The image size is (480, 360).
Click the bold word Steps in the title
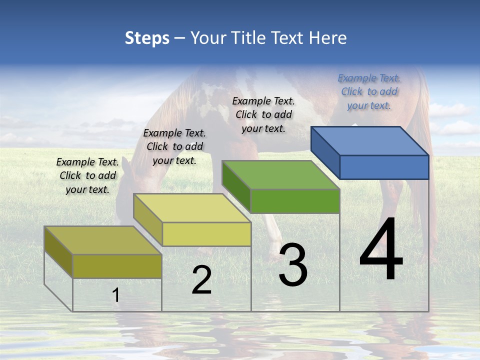[147, 38]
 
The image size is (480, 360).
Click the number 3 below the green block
[293, 265]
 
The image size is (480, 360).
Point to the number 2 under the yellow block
[201, 280]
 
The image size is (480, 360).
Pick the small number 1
[116, 295]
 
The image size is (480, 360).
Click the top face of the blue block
[370, 140]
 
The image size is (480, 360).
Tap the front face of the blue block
[384, 167]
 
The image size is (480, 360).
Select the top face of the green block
[280, 175]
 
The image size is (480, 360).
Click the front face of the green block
[295, 201]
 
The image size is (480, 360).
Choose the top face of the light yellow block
[192, 208]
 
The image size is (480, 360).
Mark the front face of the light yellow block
[206, 234]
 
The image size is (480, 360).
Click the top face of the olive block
[103, 240]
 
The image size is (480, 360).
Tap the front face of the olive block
[117, 266]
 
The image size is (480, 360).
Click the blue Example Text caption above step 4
[369, 91]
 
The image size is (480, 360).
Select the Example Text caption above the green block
[263, 114]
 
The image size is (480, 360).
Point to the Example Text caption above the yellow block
[174, 146]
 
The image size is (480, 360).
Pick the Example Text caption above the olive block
[87, 175]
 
